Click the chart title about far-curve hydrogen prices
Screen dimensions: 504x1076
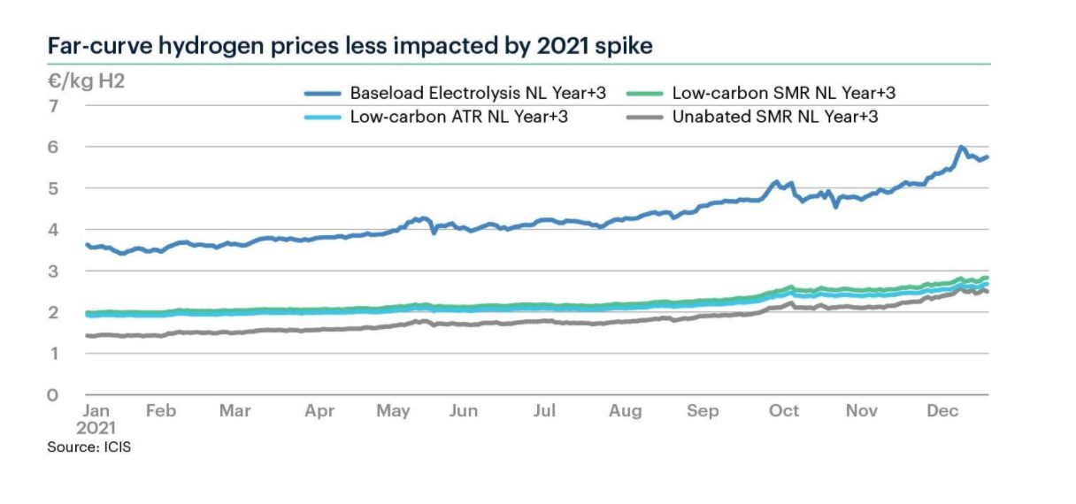[x=350, y=47]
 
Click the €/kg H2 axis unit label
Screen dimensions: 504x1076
[x=86, y=85]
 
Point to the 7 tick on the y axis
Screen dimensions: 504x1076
[x=53, y=106]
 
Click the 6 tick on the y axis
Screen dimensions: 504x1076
[x=53, y=148]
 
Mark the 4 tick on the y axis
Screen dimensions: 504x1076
[x=53, y=230]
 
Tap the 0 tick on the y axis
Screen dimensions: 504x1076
[x=53, y=395]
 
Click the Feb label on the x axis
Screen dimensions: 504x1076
[x=161, y=411]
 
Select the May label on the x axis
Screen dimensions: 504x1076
[x=393, y=411]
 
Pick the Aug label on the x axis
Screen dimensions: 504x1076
[x=626, y=411]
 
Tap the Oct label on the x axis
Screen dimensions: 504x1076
[x=784, y=411]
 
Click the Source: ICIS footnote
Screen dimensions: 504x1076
[x=89, y=448]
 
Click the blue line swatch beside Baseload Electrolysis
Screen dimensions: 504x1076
[x=322, y=93]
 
